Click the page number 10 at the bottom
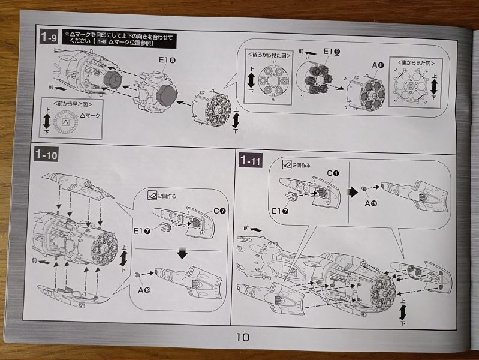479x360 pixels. tap(243, 337)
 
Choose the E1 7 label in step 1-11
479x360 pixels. tap(281, 211)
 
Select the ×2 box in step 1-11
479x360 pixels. tap(288, 164)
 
